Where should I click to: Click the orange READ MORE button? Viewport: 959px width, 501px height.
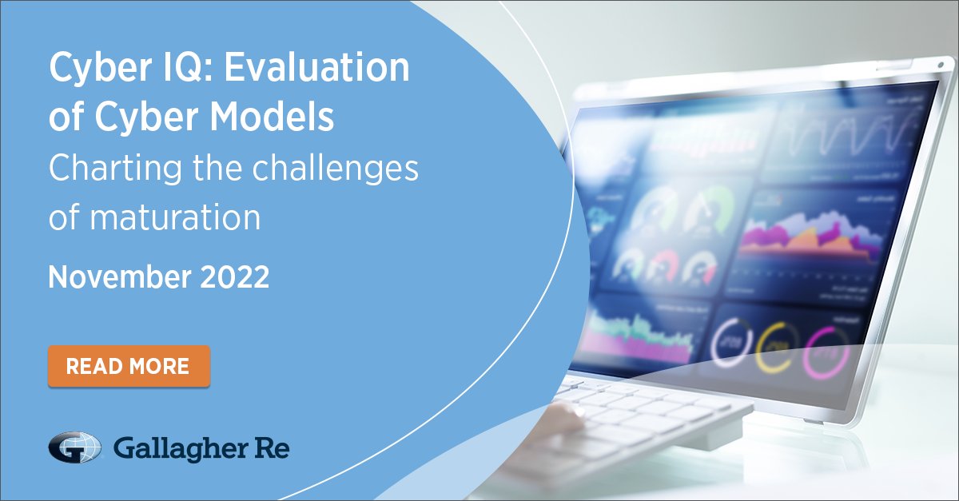pyautogui.click(x=128, y=366)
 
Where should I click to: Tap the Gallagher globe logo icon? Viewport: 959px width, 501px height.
pyautogui.click(x=74, y=448)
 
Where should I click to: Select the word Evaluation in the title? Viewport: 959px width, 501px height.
pyautogui.click(x=316, y=70)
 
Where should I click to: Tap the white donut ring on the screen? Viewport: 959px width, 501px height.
pyautogui.click(x=729, y=342)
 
